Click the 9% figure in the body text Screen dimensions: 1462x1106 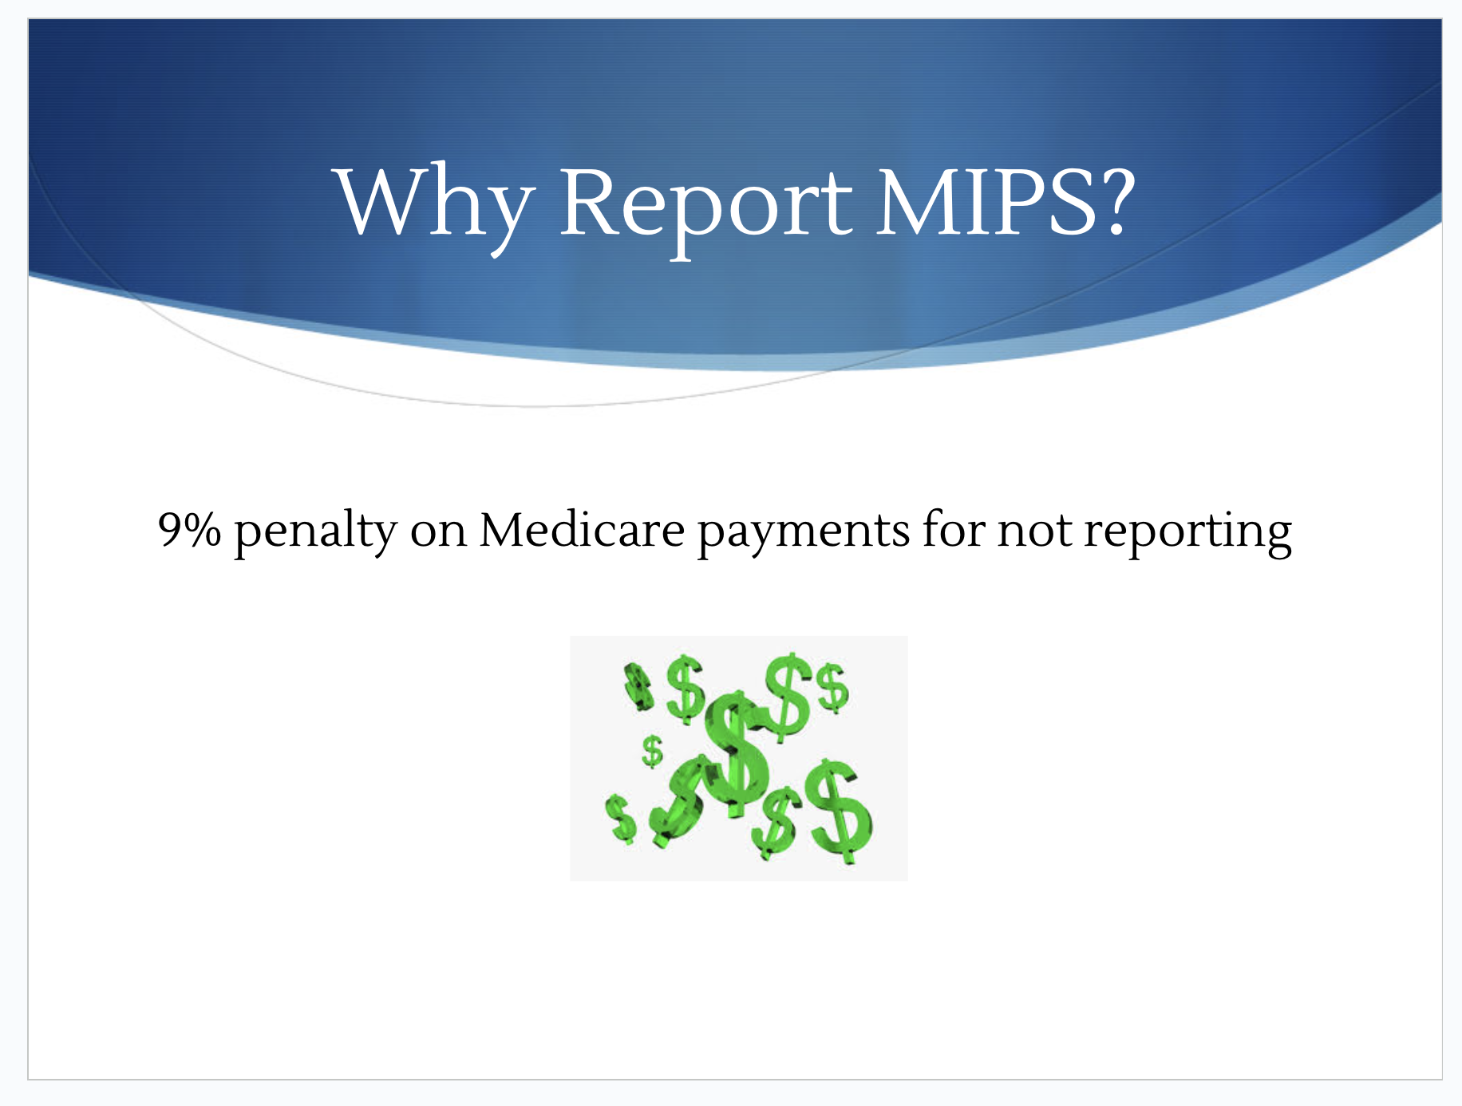tap(189, 529)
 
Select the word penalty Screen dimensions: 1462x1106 tap(315, 532)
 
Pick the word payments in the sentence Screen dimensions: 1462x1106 tap(804, 533)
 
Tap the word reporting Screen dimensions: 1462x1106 tap(1187, 533)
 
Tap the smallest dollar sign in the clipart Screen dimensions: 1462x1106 tap(653, 751)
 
